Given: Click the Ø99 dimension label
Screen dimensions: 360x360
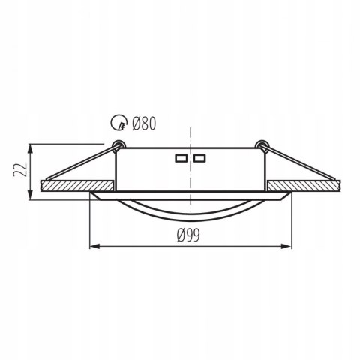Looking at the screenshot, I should pyautogui.click(x=190, y=235).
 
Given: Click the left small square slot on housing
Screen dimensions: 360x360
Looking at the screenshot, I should pyautogui.click(x=181, y=159).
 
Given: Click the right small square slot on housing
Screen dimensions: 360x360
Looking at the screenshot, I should pyautogui.click(x=199, y=159).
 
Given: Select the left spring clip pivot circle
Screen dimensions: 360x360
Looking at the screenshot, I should pyautogui.click(x=116, y=144).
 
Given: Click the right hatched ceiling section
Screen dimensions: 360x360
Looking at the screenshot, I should pyautogui.click(x=303, y=184).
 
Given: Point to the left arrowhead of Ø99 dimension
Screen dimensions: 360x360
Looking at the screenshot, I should pyautogui.click(x=92, y=245).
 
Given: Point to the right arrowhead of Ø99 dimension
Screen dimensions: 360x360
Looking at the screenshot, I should pyautogui.click(x=289, y=245).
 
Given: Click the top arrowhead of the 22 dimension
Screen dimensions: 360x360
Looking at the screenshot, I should pyautogui.click(x=29, y=146).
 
